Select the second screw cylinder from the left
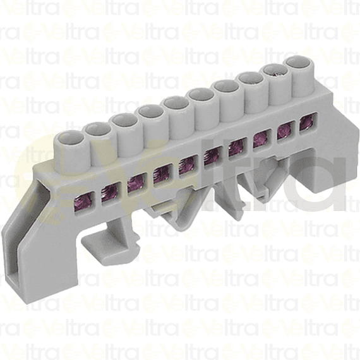point(97,129)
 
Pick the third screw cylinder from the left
point(123,120)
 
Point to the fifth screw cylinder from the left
point(175,103)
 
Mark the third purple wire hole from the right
point(261,139)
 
